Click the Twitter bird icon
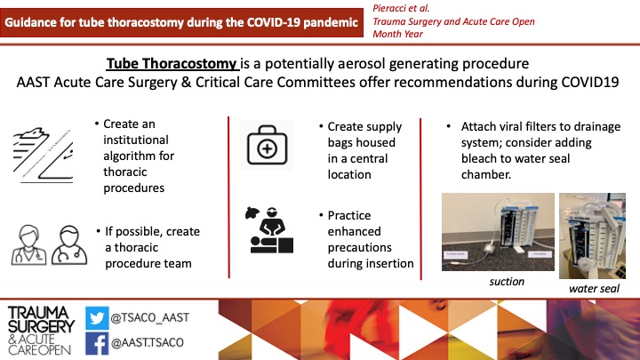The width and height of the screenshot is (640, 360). tap(97, 318)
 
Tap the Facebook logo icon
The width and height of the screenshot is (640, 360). tap(97, 343)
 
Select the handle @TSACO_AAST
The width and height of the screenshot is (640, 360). tap(150, 317)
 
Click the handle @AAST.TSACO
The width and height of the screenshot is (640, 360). tap(148, 342)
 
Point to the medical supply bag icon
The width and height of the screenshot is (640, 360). tap(267, 145)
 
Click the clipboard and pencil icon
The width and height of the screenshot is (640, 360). tap(43, 155)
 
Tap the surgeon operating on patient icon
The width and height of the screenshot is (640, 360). tap(269, 230)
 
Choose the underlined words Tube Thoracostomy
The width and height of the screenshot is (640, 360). tap(172, 64)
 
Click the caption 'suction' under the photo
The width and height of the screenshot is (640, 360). tap(507, 282)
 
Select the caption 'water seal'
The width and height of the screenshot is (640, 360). tap(594, 289)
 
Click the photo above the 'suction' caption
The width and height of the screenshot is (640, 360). tap(498, 232)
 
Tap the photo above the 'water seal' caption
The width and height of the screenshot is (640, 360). tap(592, 236)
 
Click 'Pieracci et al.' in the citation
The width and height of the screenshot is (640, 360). tap(401, 8)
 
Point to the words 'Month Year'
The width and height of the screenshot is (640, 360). tap(397, 34)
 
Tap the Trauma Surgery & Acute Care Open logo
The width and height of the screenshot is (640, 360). tap(41, 331)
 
